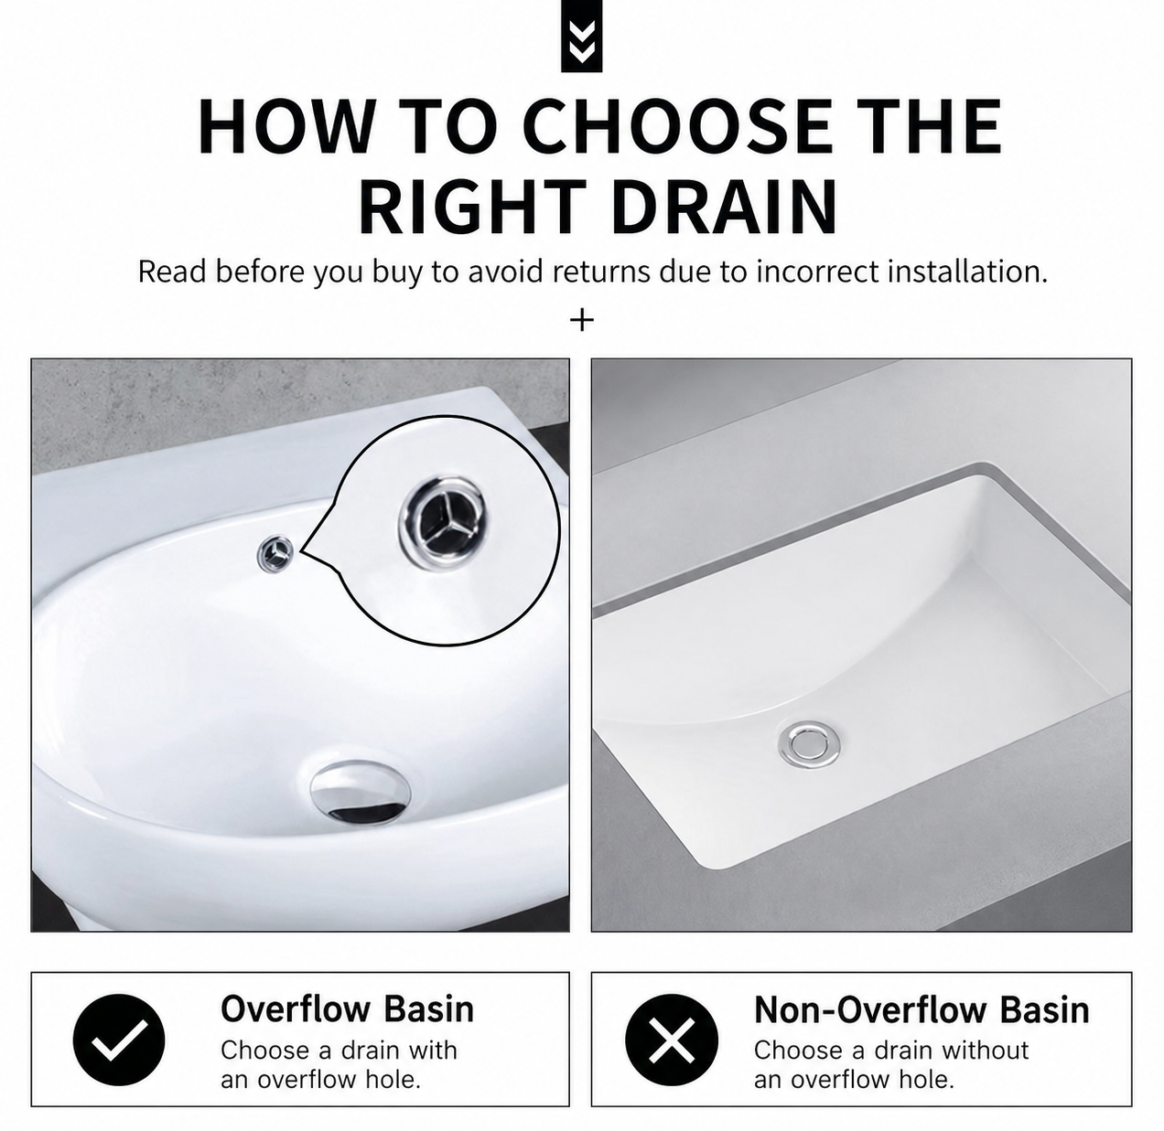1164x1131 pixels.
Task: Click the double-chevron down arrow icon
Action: click(581, 36)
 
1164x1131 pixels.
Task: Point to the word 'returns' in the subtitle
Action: click(600, 272)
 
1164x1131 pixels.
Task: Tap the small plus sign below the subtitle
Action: click(581, 321)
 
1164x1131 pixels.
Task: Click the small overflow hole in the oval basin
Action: click(275, 553)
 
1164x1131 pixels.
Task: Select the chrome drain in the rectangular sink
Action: click(809, 743)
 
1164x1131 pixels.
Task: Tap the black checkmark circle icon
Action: click(118, 1040)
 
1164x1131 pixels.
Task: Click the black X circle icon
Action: click(671, 1040)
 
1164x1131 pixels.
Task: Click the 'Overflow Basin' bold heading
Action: click(347, 1009)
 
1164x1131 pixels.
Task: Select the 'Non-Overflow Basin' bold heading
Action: click(921, 1010)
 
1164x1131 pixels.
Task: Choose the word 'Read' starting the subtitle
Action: click(173, 272)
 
